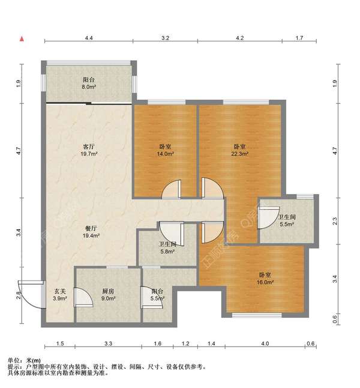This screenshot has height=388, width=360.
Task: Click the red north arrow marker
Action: pos(22,38)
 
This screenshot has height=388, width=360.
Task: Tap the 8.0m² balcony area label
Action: pos(89,87)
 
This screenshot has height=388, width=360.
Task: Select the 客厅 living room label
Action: pos(89,147)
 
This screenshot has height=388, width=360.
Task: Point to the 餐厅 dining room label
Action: pos(91,228)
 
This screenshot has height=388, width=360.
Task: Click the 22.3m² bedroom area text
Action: pos(239,154)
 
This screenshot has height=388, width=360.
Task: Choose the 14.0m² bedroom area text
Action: pos(165,154)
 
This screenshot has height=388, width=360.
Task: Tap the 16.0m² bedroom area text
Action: pos(265,282)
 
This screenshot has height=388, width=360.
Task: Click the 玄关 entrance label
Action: pos(60,291)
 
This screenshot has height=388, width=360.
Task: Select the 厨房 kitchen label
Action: pos(108,291)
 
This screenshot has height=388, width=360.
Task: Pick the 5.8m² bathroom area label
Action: pos(167,252)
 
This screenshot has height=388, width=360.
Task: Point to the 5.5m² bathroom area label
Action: pos(287,224)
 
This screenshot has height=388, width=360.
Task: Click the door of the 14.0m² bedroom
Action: pos(172,189)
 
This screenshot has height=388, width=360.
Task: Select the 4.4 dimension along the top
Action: pos(89,38)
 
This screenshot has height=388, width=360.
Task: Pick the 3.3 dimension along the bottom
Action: pos(108,344)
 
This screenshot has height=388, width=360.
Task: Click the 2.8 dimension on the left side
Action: pos(19,296)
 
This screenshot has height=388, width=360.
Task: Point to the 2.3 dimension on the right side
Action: pos(335,220)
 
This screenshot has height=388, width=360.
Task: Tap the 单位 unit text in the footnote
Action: pos(14,360)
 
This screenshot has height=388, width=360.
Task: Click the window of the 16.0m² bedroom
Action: pos(257,315)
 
